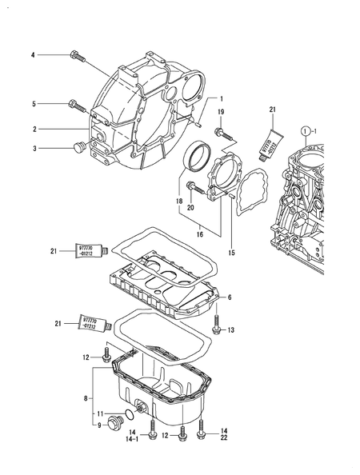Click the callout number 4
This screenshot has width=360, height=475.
pyautogui.click(x=33, y=54)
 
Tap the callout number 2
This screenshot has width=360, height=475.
pyautogui.click(x=34, y=128)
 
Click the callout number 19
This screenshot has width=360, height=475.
pyautogui.click(x=222, y=111)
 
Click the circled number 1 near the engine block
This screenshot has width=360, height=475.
pyautogui.click(x=306, y=130)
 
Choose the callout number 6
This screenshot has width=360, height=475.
pyautogui.click(x=229, y=297)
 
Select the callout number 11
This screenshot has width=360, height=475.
pyautogui.click(x=100, y=413)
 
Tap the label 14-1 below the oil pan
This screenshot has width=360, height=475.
pyautogui.click(x=132, y=439)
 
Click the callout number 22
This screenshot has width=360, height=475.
pyautogui.click(x=224, y=439)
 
